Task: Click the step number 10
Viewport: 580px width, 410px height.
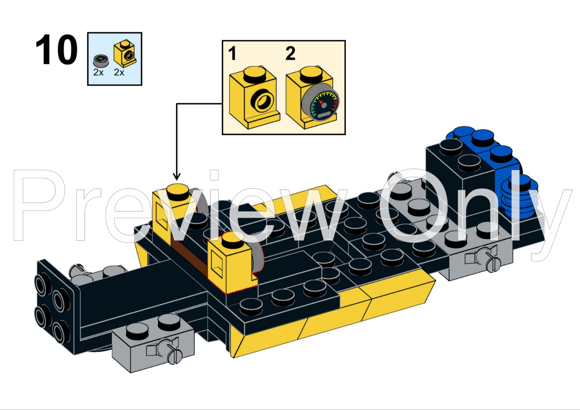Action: point(56,50)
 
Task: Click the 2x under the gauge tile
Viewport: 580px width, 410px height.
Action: point(98,72)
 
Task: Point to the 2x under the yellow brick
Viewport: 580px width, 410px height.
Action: point(119,72)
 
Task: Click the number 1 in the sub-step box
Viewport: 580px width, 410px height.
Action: point(232,54)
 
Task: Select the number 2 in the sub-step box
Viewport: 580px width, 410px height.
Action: point(290,54)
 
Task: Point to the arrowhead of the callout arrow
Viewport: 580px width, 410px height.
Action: point(176,177)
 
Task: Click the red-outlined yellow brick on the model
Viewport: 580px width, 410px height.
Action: point(231,265)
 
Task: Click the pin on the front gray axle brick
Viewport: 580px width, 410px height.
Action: point(172,351)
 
